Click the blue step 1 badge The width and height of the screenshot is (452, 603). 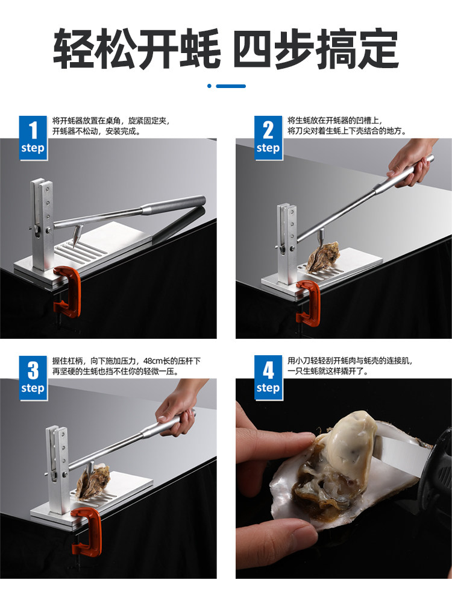(33, 137)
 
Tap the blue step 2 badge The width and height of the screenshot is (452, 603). (268, 137)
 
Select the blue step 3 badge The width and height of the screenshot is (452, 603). (33, 377)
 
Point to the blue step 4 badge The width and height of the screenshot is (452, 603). (268, 377)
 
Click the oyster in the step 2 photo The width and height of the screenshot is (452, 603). (324, 255)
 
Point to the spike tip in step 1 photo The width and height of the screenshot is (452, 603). (74, 245)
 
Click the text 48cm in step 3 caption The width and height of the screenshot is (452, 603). (153, 361)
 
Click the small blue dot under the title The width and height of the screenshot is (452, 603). (210, 86)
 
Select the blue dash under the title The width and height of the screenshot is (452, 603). (231, 86)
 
